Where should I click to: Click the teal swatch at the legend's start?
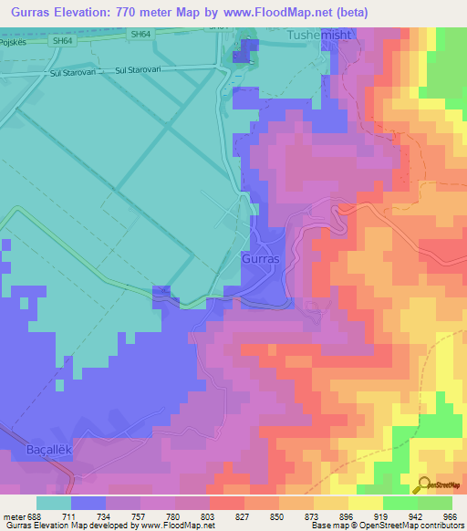click(x=53, y=503)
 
